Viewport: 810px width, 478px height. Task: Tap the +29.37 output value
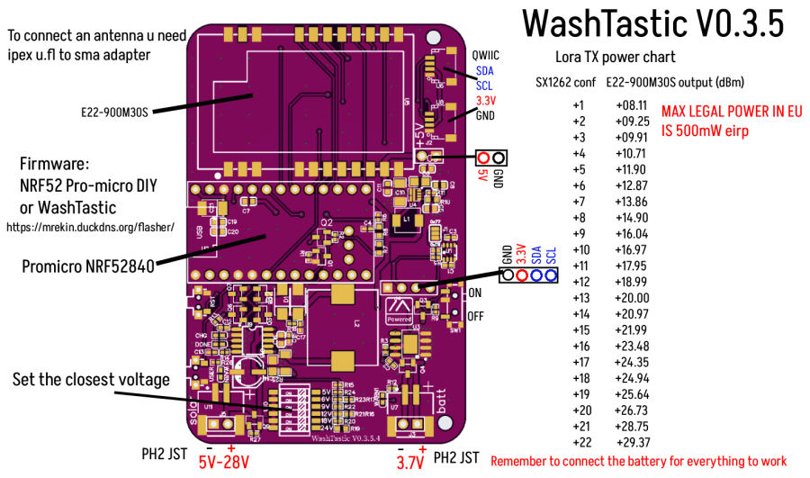[633, 442]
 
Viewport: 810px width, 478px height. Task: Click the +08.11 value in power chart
[631, 105]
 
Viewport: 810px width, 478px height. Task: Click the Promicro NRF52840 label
[87, 266]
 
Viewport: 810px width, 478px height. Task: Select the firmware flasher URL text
[90, 227]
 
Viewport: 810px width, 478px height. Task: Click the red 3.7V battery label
[410, 462]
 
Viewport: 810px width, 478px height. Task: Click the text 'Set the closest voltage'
[91, 379]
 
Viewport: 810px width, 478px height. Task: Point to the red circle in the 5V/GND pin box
[484, 158]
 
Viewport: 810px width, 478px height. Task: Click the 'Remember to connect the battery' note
[638, 461]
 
